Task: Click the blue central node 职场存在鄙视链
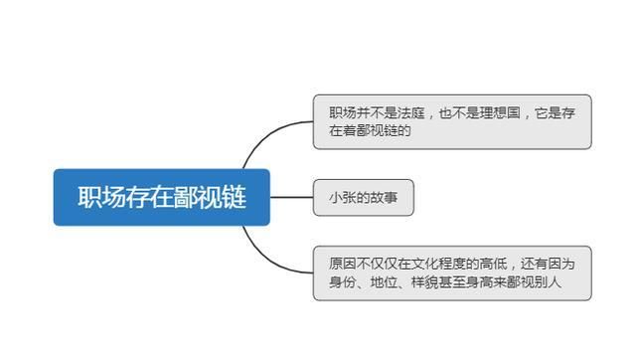coord(162,197)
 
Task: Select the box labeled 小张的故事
coord(363,197)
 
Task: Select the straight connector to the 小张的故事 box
coord(291,197)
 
